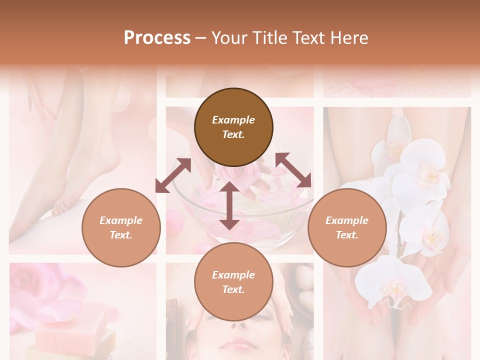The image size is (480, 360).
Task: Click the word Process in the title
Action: click(157, 38)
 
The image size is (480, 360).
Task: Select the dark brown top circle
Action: click(233, 127)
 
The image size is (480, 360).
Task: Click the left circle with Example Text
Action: click(121, 227)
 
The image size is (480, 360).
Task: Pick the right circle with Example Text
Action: click(347, 227)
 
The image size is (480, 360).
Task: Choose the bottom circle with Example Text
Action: click(233, 282)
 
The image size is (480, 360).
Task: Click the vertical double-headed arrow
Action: click(229, 205)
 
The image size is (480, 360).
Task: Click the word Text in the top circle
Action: click(233, 134)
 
